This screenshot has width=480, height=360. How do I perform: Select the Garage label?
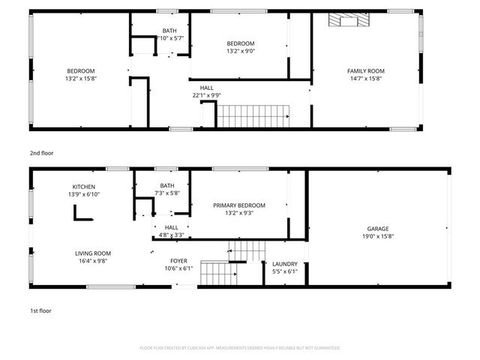(x=377, y=229)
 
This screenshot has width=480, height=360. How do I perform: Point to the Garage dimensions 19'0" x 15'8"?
(x=377, y=236)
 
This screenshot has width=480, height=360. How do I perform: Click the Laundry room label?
(x=285, y=263)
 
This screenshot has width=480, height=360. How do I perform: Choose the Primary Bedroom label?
(x=239, y=205)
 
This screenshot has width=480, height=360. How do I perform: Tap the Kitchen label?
(x=84, y=187)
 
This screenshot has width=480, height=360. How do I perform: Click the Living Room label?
(x=93, y=253)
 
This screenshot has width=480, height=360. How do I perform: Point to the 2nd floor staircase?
(x=253, y=116)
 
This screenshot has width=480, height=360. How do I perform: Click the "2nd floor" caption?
(x=41, y=153)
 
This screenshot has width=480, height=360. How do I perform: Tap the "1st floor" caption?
(x=40, y=310)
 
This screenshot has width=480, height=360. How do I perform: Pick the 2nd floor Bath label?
(x=170, y=31)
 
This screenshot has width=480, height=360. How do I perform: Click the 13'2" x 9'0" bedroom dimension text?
(x=241, y=51)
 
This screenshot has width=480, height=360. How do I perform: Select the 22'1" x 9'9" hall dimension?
(x=206, y=95)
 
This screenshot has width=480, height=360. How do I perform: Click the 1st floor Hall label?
(x=172, y=227)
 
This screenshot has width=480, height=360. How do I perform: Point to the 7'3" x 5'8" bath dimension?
(x=167, y=193)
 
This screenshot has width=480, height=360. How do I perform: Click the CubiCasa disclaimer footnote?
(x=240, y=348)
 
